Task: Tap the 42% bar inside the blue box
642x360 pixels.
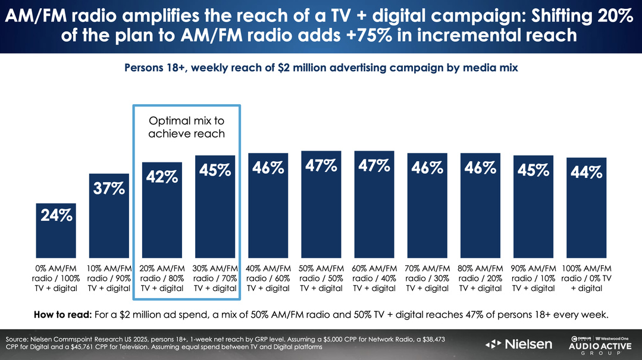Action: point(162,220)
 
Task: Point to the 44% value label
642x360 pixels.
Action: point(587,172)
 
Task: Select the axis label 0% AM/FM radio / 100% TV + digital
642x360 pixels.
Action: point(57,278)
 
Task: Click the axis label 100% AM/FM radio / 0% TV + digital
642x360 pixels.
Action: point(587,278)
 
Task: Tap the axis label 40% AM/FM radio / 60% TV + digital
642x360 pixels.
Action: point(268,278)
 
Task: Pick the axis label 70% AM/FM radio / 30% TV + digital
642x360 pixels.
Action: point(427,278)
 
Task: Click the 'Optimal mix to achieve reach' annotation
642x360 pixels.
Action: point(186,127)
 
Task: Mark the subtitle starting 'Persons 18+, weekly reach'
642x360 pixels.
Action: point(321,68)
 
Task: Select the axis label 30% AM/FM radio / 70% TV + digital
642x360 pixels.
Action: point(215,278)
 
